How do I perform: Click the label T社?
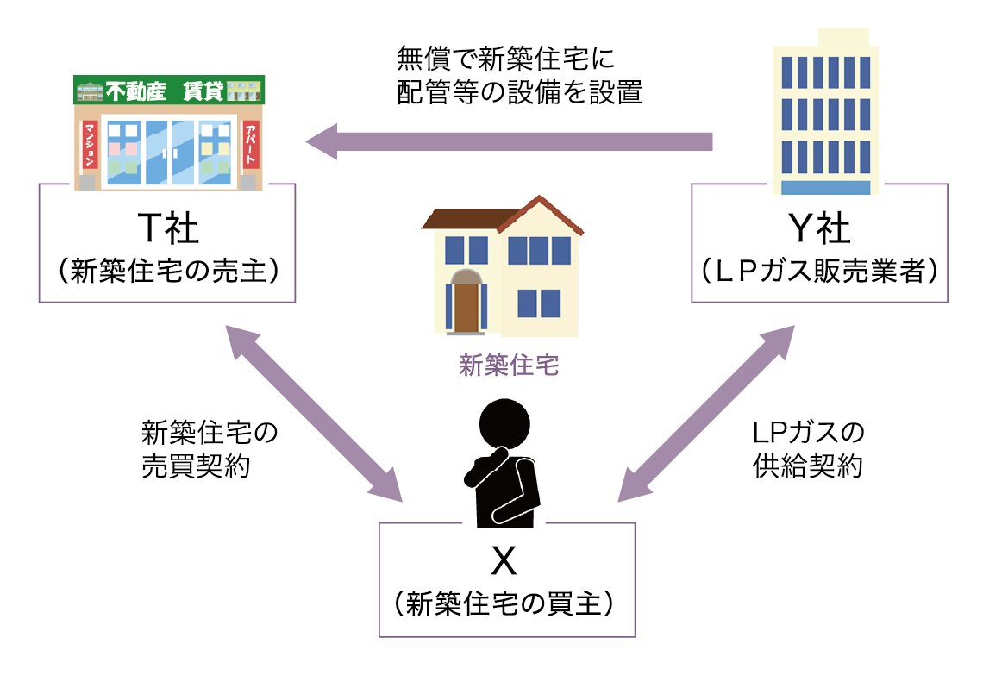click(x=168, y=229)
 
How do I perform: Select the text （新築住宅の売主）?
click(x=168, y=272)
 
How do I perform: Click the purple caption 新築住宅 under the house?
click(x=509, y=366)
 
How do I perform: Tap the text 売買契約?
click(x=196, y=466)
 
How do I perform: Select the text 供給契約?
click(x=807, y=466)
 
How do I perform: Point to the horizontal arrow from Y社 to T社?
click(x=509, y=141)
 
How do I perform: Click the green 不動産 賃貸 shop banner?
click(x=169, y=90)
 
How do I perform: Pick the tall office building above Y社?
click(x=824, y=112)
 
